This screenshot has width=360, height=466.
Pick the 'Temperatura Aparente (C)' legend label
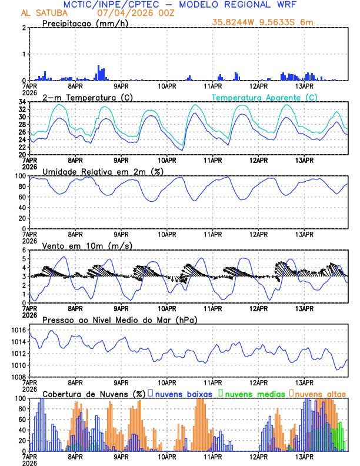point(265,97)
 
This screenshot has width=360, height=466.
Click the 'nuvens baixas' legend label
point(182,393)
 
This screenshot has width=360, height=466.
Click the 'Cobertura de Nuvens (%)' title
point(94,393)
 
